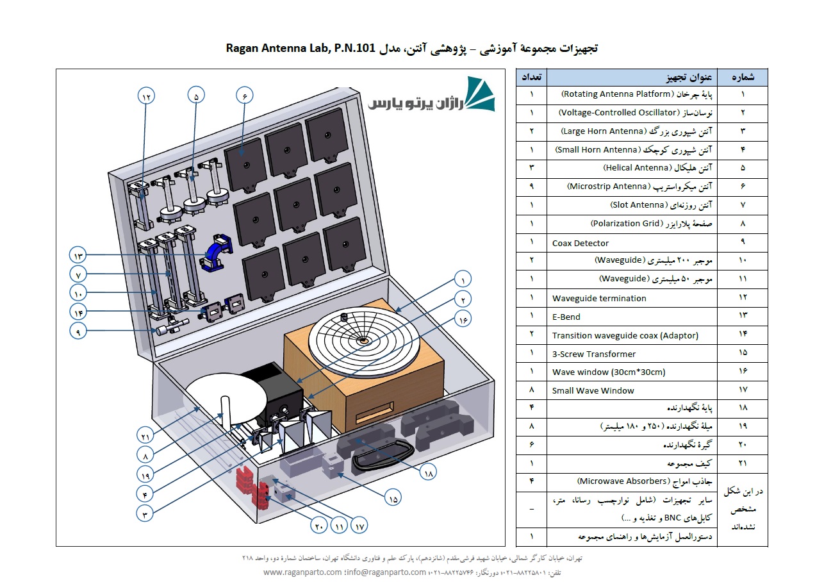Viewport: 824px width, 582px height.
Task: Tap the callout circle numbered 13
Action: point(78,254)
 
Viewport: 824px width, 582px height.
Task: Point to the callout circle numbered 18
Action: point(429,473)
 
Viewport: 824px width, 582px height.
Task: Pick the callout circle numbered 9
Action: point(78,332)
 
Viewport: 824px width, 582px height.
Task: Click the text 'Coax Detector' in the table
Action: point(581,243)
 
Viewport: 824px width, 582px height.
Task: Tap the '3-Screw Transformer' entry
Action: point(594,354)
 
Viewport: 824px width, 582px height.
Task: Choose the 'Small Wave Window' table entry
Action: point(593,390)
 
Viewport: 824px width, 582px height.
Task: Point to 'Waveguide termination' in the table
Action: point(599,298)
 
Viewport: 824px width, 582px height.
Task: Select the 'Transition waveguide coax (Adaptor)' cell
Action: point(625,335)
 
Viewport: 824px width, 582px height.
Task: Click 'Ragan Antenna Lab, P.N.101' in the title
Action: point(301,48)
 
